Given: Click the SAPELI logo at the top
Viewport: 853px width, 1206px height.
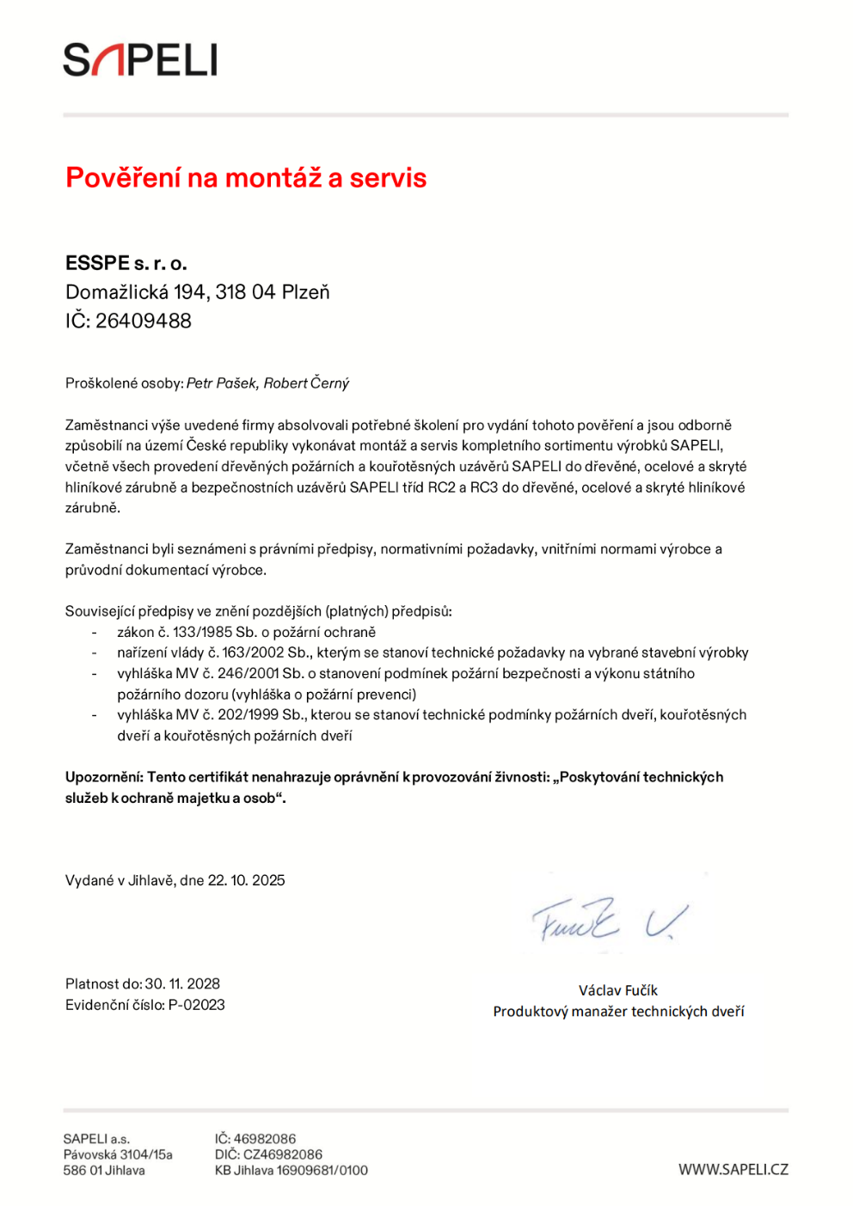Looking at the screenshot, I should [x=140, y=60].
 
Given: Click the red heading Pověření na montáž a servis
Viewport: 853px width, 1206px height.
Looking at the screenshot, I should [x=246, y=178].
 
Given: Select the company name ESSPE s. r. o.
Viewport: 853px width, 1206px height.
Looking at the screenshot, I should [x=126, y=263].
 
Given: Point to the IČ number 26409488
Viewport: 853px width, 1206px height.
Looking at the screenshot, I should [x=144, y=321].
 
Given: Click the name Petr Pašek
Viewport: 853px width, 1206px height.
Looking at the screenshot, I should [x=222, y=383].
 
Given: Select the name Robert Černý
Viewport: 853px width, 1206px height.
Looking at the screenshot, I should [x=306, y=383].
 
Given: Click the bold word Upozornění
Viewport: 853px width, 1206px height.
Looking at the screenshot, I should [x=103, y=777].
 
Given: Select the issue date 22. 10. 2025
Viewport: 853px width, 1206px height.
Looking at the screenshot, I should [x=247, y=880].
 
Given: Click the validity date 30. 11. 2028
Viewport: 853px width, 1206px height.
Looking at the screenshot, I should [x=182, y=984].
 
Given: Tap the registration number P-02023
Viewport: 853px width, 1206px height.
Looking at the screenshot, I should [x=197, y=1005].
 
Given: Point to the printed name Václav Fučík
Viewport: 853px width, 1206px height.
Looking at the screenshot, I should [x=618, y=990].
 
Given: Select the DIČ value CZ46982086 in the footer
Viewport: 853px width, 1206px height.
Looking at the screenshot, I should [x=283, y=1154].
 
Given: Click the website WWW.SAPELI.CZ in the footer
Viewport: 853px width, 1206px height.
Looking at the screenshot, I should [x=733, y=1170].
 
